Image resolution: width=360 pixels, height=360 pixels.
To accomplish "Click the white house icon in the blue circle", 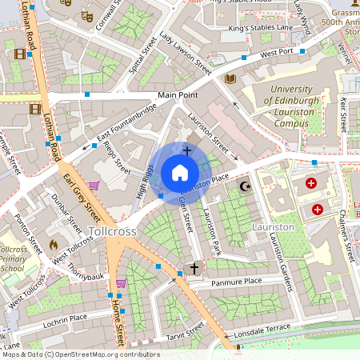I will [x=179, y=173].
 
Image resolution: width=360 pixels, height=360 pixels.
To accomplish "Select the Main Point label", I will [x=177, y=95].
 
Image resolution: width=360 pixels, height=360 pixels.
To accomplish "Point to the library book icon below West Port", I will [x=230, y=78].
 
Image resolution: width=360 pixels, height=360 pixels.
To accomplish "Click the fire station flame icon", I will [x=54, y=245].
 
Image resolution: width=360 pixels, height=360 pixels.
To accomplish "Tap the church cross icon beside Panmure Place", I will [x=193, y=268].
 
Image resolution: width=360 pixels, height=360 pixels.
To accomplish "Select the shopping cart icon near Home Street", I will [x=121, y=283].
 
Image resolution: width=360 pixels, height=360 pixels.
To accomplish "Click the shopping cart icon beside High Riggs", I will [x=94, y=186].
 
